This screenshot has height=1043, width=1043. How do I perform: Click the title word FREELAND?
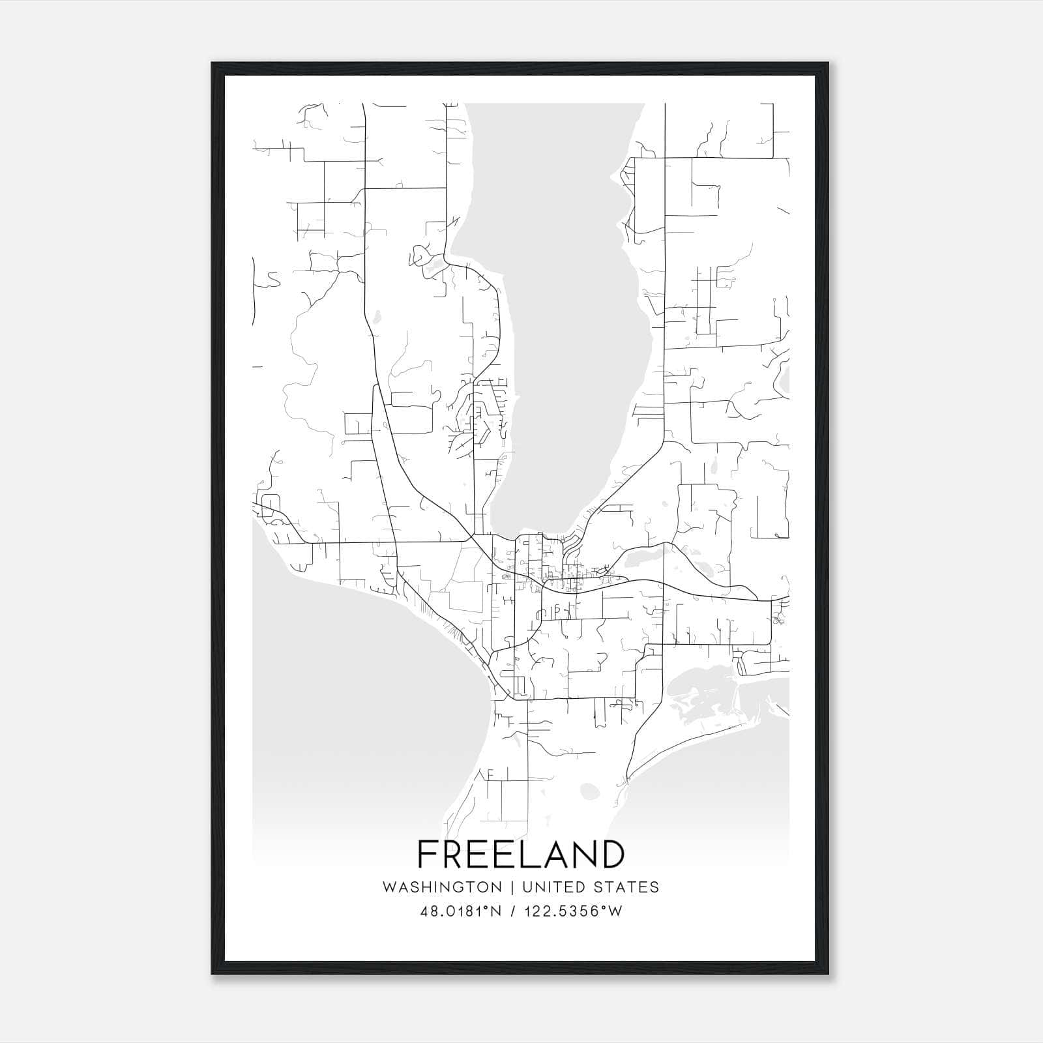point(521,855)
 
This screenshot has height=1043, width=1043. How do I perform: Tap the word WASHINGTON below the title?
point(442,887)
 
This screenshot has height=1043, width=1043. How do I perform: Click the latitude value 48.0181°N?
point(461,911)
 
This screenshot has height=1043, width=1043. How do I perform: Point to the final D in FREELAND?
point(612,855)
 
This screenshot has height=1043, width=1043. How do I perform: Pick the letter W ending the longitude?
point(615,911)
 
